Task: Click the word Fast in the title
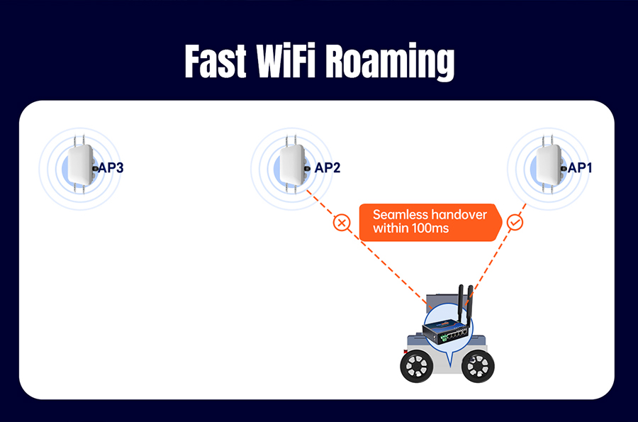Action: pos(216,61)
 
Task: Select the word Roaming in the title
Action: pos(390,62)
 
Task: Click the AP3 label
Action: pos(111,167)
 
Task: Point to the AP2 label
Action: pos(327,167)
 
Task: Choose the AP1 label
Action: pos(580,167)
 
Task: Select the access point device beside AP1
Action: pos(549,165)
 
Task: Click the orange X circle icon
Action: pos(342,223)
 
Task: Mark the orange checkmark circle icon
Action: pos(515,223)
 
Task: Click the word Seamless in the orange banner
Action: pos(400,214)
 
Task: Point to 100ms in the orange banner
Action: pos(430,228)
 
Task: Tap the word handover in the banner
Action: pos(459,214)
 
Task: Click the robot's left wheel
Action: pos(417,366)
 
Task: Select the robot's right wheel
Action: pos(478,366)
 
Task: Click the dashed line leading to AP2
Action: pos(367,248)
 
